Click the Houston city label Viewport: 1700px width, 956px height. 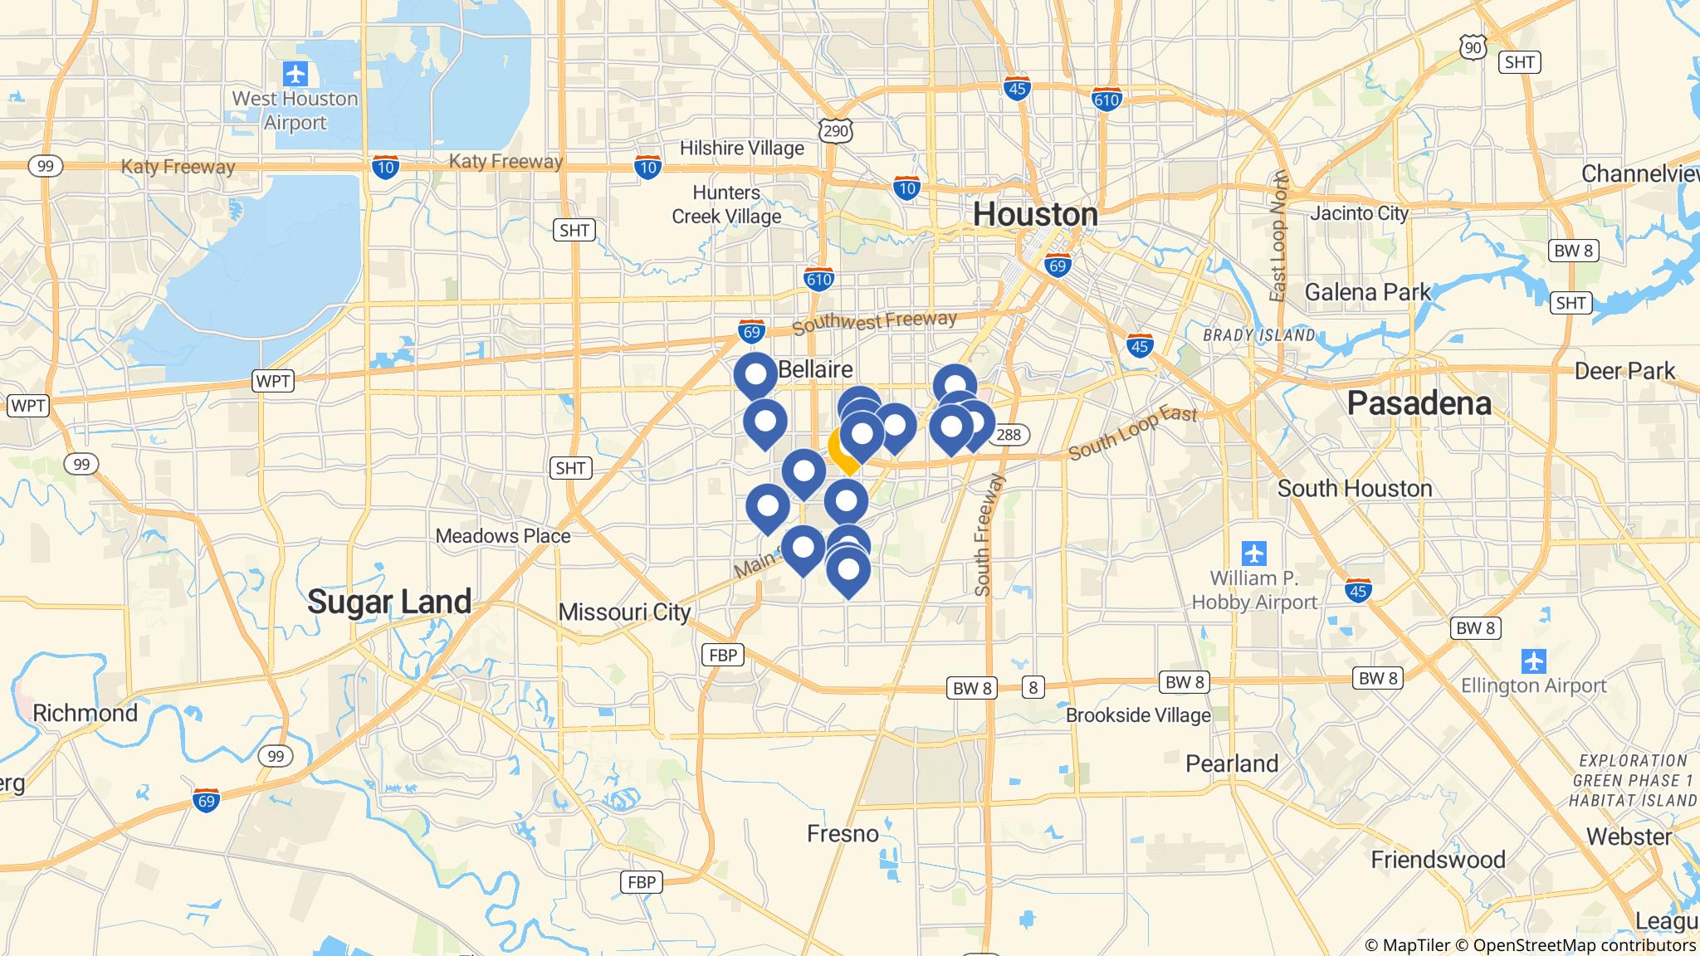point(1035,214)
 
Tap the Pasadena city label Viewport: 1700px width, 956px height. point(1419,403)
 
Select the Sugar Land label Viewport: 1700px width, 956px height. point(389,601)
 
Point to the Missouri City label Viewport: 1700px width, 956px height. point(624,612)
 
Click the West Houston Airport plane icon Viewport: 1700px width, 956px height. point(295,75)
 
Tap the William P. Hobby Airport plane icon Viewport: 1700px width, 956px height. point(1253,552)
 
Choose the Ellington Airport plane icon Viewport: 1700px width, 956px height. point(1533,661)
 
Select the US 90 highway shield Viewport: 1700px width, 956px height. point(1473,48)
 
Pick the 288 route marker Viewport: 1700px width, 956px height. point(1009,434)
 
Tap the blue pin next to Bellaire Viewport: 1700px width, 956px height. point(755,375)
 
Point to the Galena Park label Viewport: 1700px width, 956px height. point(1367,292)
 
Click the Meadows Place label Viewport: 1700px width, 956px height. point(503,536)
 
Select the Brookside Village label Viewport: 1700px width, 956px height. point(1138,715)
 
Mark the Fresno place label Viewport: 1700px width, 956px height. point(843,833)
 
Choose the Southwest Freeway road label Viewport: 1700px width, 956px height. point(874,323)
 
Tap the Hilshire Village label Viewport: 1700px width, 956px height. point(741,149)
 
